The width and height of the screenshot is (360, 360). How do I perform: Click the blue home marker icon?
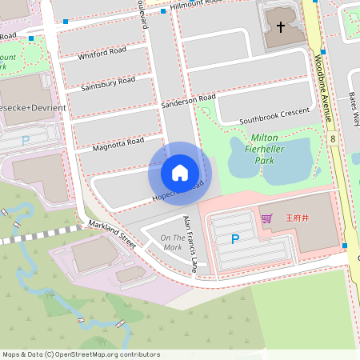(x=180, y=172)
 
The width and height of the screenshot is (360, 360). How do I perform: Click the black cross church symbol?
(x=281, y=27)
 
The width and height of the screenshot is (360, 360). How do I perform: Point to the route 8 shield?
(x=332, y=139)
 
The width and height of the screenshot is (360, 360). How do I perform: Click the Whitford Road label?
(x=102, y=54)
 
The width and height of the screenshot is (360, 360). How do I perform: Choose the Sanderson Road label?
(x=189, y=102)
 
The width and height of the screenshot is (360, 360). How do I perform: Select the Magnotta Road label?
(x=118, y=143)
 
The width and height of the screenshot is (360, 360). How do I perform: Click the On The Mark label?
(x=172, y=242)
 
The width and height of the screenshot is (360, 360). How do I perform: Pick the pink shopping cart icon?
(x=266, y=218)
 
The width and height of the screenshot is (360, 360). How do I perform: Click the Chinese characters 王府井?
(x=289, y=218)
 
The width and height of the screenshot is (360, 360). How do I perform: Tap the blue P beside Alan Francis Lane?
(x=235, y=238)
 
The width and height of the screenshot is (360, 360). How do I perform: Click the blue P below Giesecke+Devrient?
(x=26, y=140)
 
